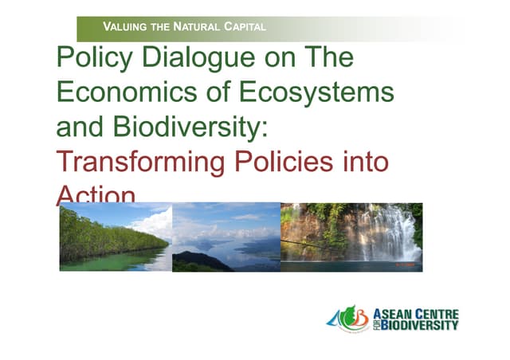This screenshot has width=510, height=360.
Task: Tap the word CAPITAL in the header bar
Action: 243,28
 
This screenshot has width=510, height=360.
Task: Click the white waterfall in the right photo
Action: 378,235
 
